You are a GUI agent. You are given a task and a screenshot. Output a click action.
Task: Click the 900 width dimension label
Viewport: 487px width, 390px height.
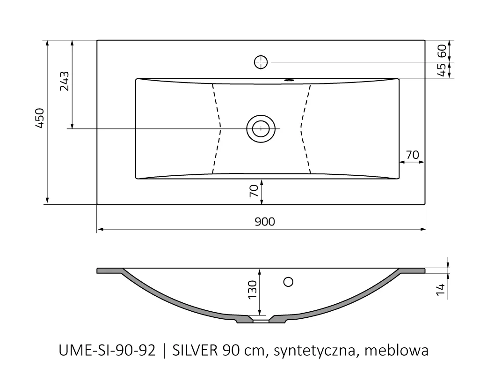pos(265,222)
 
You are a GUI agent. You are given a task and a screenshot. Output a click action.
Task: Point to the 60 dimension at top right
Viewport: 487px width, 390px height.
pos(440,51)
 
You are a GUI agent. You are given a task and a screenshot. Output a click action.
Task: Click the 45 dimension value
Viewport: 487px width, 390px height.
pos(440,70)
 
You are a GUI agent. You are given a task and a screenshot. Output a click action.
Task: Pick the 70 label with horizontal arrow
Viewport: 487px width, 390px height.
pos(412,154)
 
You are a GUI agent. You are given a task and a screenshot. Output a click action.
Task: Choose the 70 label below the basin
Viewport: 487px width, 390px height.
pos(254,191)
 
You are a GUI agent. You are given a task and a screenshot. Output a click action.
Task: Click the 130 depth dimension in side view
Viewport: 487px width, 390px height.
pos(252,290)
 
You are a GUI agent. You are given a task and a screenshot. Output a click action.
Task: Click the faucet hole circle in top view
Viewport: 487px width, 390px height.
pos(261,62)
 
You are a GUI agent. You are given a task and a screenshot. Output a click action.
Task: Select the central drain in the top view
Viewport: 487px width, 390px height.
pos(260,128)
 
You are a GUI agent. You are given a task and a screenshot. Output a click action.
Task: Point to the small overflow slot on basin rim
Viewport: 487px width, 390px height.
pos(289,80)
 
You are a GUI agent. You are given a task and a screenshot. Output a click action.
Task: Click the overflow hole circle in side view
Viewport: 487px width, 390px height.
pos(289,282)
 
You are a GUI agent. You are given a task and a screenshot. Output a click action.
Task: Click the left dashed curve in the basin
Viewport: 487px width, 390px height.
pos(217,128)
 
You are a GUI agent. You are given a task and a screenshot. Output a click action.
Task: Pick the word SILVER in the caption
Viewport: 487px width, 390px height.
pos(192,351)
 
